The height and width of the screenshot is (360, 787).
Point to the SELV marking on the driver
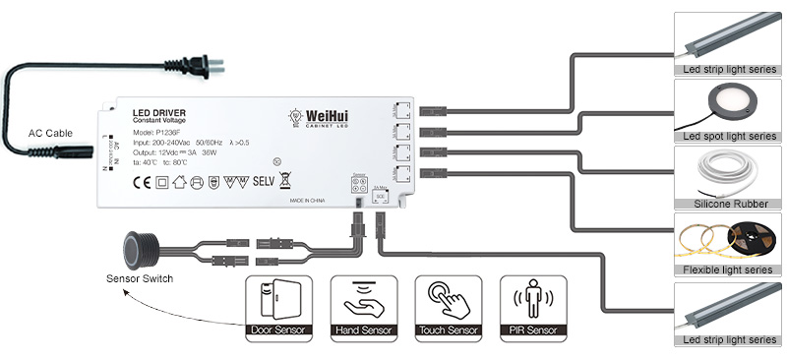pyautogui.click(x=266, y=180)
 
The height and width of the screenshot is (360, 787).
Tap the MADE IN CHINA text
pyautogui.click(x=310, y=198)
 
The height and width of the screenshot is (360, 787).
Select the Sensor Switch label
pyautogui.click(x=139, y=279)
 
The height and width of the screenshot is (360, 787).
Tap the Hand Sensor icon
pyautogui.click(x=363, y=298)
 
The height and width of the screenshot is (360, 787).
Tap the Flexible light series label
pyautogui.click(x=728, y=269)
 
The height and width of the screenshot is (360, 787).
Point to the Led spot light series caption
pyautogui.click(x=727, y=136)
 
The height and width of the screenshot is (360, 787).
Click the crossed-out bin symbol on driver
pyautogui.click(x=285, y=179)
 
